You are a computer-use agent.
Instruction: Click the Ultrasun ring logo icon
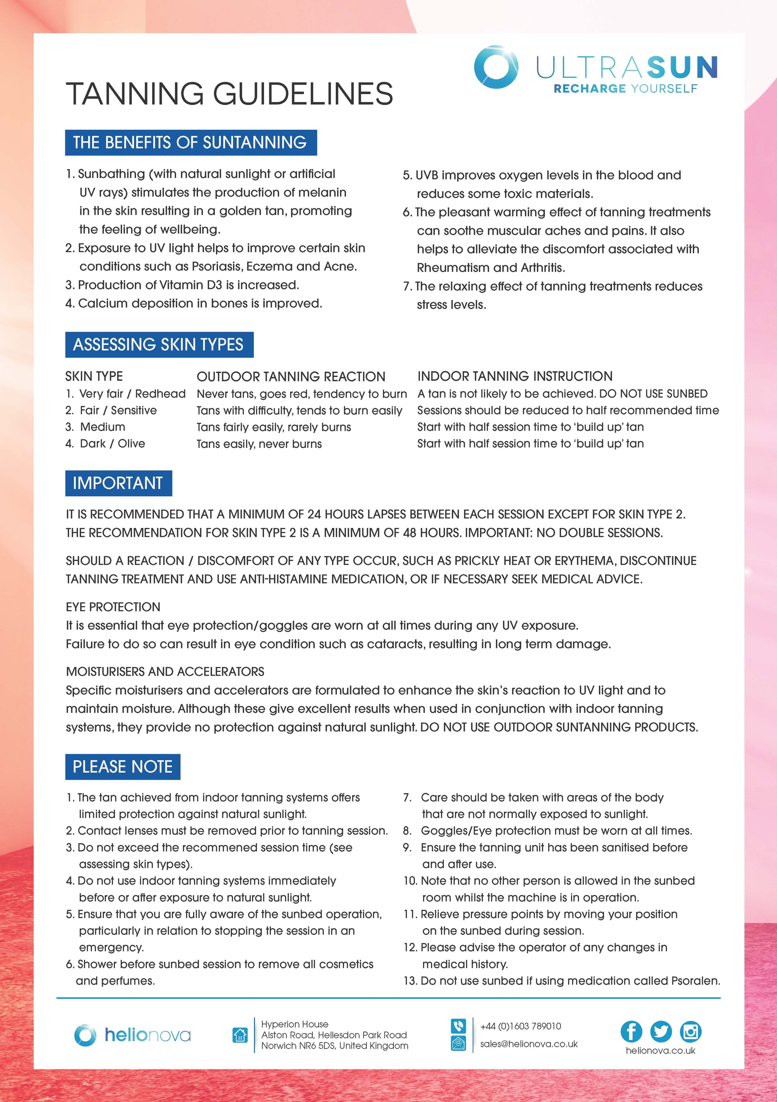point(495,67)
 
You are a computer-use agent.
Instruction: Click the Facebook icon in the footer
point(631,1031)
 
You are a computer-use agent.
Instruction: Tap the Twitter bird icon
point(661,1031)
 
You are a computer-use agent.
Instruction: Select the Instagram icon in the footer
point(690,1031)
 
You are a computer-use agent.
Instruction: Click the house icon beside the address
point(240,1035)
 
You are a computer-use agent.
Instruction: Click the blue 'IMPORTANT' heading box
point(118,483)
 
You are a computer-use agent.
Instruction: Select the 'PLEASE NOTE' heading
point(123,766)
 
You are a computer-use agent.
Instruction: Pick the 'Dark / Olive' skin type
point(112,443)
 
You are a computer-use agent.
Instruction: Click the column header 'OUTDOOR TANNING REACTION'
point(291,376)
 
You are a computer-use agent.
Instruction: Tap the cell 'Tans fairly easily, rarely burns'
point(274,427)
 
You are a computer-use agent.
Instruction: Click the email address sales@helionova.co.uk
point(529,1044)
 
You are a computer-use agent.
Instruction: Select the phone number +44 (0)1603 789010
point(521,1026)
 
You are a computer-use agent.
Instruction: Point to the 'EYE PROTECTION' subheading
point(113,607)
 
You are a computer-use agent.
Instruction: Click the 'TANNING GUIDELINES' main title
point(230,94)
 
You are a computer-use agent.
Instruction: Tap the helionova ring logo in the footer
point(85,1035)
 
